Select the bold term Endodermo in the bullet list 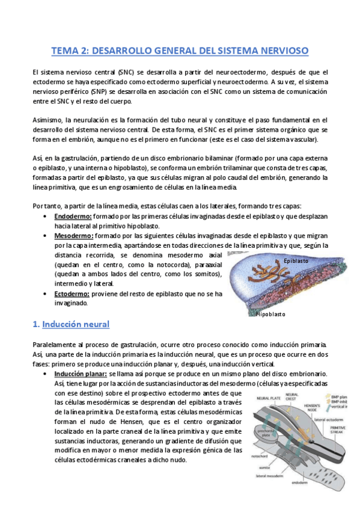click(72, 215)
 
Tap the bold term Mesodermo click(73, 236)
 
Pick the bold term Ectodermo click(72, 293)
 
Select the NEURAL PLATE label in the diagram click(266, 398)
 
